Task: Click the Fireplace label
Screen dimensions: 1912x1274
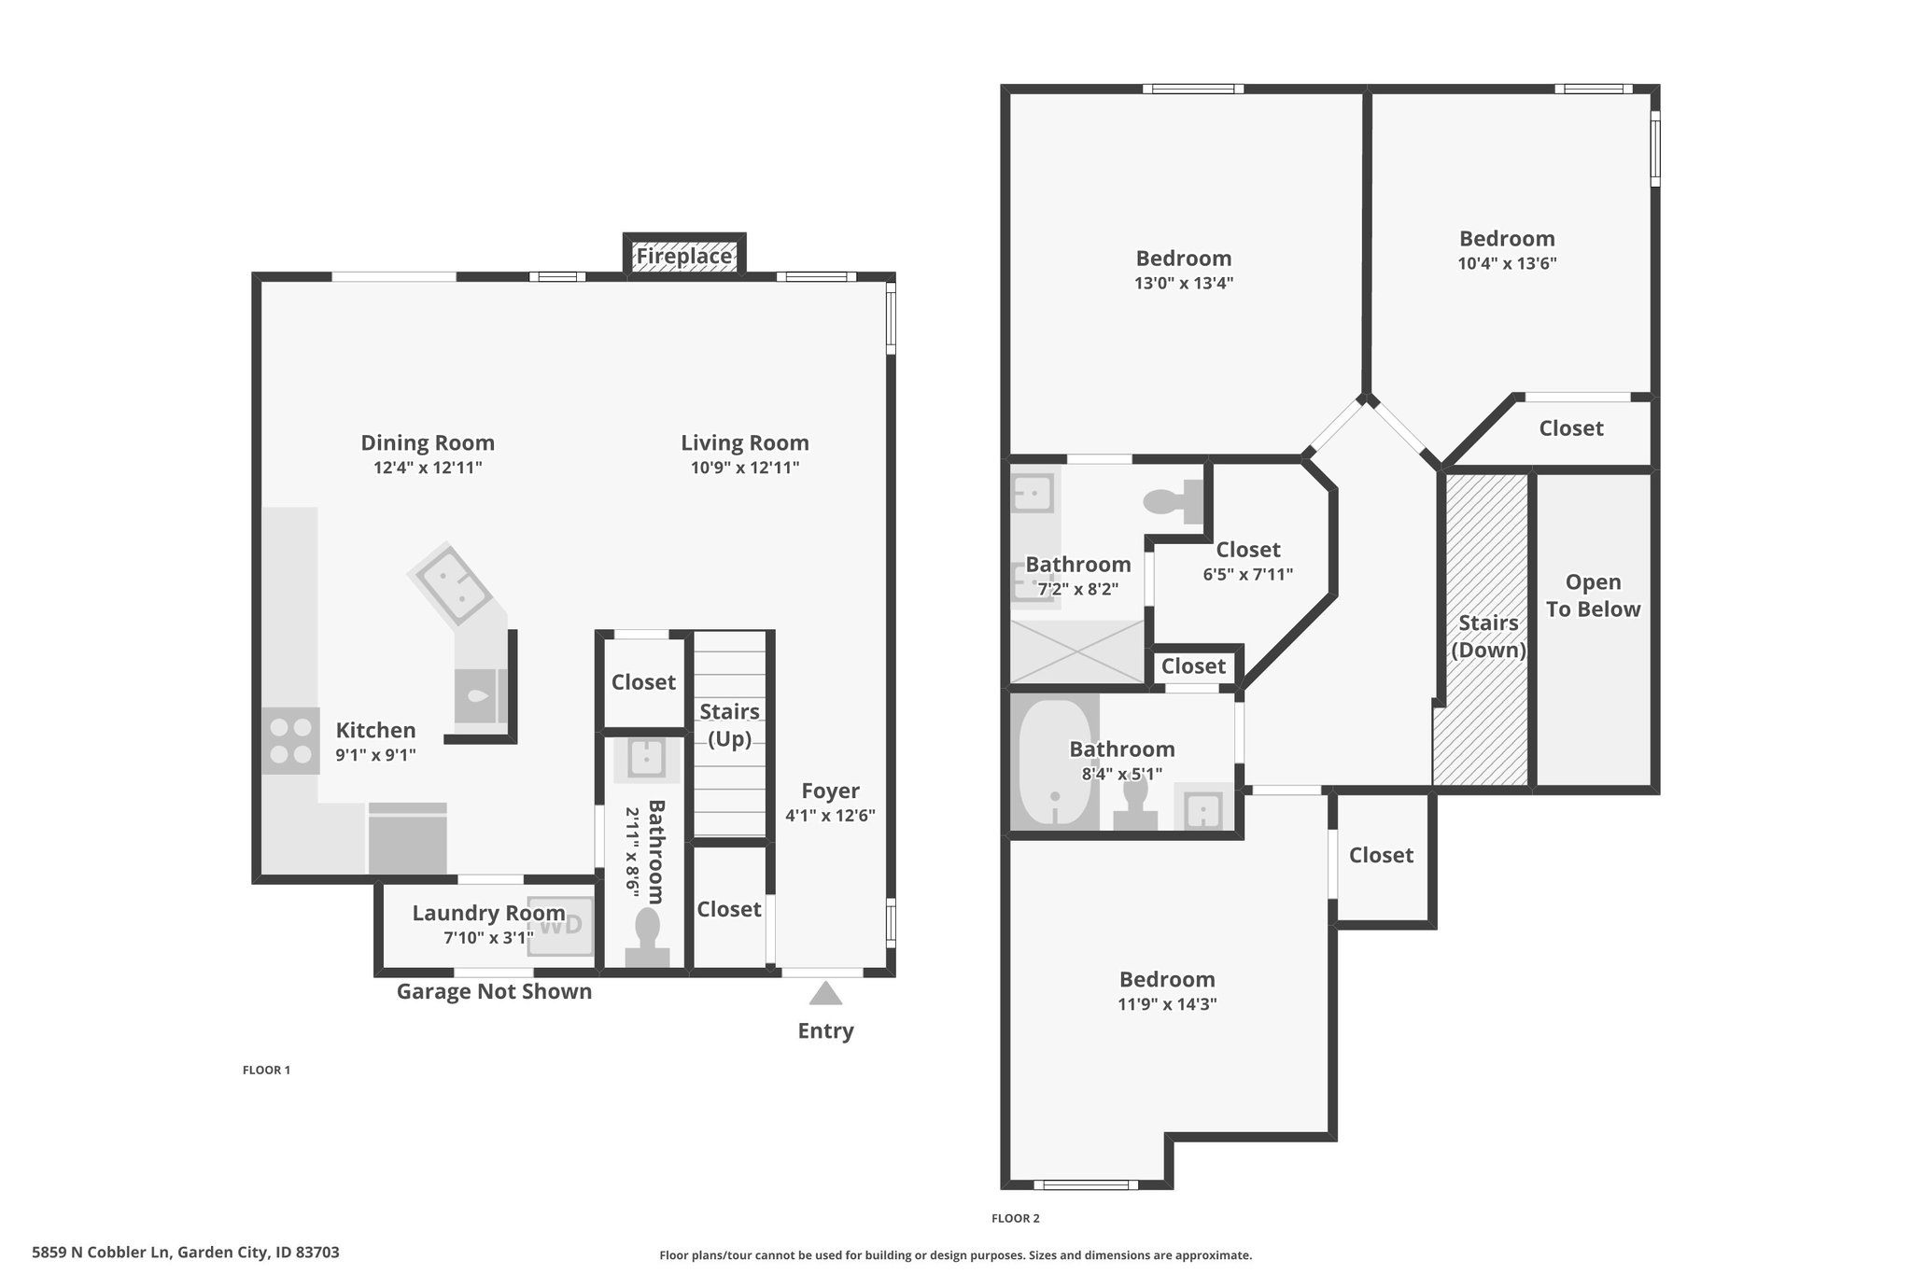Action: [x=684, y=256]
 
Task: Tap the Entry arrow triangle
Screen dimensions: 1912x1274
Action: [x=825, y=993]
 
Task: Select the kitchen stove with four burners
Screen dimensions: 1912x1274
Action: [x=289, y=741]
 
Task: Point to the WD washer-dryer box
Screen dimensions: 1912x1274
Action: [x=561, y=925]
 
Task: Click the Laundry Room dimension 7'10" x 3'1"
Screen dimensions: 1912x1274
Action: [x=488, y=938]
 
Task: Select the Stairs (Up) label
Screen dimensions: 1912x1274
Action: [x=729, y=725]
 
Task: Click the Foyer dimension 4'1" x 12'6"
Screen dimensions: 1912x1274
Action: [x=830, y=815]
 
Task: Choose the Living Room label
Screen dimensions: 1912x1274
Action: [x=745, y=442]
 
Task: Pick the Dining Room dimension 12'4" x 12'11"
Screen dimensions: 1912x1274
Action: [x=428, y=468]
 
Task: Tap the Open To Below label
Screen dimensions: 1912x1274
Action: [x=1593, y=595]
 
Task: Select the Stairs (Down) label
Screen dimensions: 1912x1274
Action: [x=1488, y=636]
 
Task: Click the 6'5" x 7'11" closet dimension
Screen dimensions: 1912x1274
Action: [x=1248, y=575]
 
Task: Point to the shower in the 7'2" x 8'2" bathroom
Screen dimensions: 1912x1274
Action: [x=1077, y=651]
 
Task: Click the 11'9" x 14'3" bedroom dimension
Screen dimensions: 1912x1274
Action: [x=1167, y=1004]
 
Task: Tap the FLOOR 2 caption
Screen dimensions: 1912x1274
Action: [x=1015, y=1218]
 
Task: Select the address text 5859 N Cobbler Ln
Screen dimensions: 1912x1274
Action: [x=101, y=1253]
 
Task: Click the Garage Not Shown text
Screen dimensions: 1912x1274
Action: [x=494, y=991]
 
